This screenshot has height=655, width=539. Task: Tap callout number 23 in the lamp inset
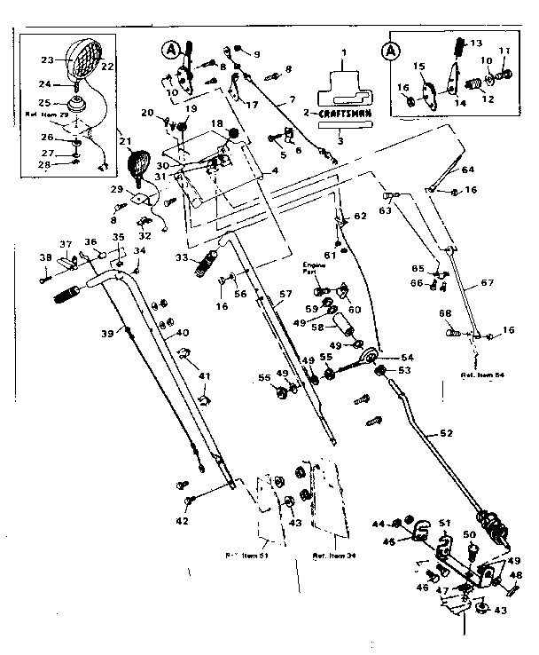(x=46, y=61)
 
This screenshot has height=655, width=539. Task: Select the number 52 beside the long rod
(x=445, y=434)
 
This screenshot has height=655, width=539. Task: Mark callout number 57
(x=285, y=293)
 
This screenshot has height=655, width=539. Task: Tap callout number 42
(x=182, y=521)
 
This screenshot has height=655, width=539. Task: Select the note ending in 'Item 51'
(x=246, y=556)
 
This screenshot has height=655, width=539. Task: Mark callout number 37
(x=65, y=244)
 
